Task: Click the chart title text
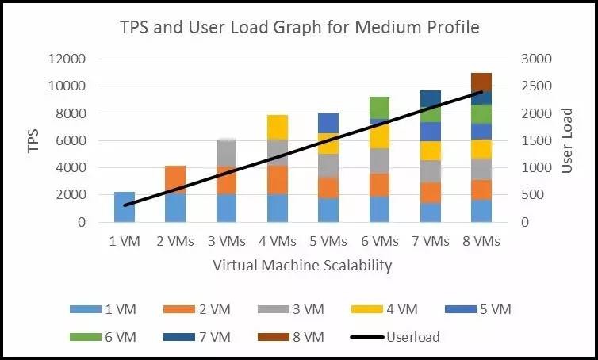(299, 27)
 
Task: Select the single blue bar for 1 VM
(125, 207)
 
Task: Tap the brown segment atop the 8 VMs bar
(481, 82)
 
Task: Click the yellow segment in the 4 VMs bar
(278, 128)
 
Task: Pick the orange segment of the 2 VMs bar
(175, 180)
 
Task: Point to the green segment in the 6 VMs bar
(379, 108)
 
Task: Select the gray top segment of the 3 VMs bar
(227, 153)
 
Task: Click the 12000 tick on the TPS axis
(67, 59)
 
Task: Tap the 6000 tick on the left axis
(71, 140)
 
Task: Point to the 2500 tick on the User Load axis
(536, 86)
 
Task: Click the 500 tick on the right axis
(533, 194)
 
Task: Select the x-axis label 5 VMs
(328, 241)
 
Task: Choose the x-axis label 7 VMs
(431, 241)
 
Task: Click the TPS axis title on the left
(33, 140)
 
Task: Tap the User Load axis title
(567, 140)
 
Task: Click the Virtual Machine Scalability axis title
(302, 265)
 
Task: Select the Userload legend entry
(395, 337)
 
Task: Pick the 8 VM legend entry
(290, 337)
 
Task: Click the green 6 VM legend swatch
(86, 337)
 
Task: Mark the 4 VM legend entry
(385, 309)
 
